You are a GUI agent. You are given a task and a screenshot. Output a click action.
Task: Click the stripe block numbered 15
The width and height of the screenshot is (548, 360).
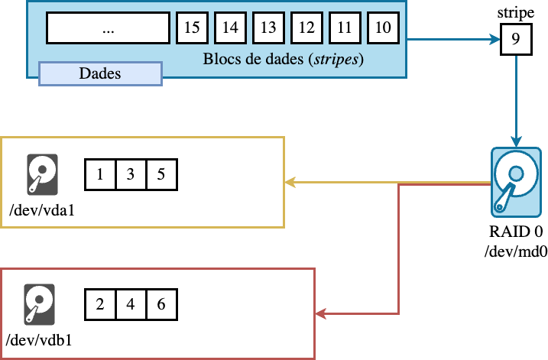point(192,28)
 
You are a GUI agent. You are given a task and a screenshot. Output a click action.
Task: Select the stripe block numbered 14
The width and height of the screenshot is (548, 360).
point(230,28)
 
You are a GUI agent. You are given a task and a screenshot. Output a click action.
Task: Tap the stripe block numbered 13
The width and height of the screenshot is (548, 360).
point(268,28)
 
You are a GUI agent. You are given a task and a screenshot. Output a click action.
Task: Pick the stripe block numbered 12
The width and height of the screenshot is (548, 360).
point(306,28)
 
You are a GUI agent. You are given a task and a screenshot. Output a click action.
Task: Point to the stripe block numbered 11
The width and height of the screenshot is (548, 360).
point(345,28)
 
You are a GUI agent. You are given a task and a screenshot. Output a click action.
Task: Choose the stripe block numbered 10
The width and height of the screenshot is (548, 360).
point(383,28)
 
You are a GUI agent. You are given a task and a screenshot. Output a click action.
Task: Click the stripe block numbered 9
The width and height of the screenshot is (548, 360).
point(516,40)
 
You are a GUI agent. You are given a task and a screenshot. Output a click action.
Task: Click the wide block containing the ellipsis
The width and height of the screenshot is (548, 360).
point(108,28)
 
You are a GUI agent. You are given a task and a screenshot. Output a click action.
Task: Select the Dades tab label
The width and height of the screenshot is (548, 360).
point(100,73)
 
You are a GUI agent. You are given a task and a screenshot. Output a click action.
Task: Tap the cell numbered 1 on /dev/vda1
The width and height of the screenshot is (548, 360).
point(100,175)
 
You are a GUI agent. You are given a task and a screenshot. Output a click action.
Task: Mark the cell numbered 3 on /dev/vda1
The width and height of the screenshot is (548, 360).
point(131,175)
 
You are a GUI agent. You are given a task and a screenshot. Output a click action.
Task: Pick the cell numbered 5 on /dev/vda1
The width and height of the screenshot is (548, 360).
point(161,175)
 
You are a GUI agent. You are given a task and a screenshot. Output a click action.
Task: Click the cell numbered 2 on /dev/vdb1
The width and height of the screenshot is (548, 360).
point(100,304)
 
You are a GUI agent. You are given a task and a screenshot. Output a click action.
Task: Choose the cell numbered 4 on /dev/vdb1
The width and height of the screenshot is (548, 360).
point(131,304)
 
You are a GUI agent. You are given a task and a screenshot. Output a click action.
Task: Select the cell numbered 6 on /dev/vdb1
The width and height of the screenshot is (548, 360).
point(161,304)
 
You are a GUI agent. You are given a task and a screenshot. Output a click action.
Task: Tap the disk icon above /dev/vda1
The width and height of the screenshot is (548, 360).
point(41,174)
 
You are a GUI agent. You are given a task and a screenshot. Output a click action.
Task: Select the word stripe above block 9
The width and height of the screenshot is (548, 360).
point(516,14)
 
